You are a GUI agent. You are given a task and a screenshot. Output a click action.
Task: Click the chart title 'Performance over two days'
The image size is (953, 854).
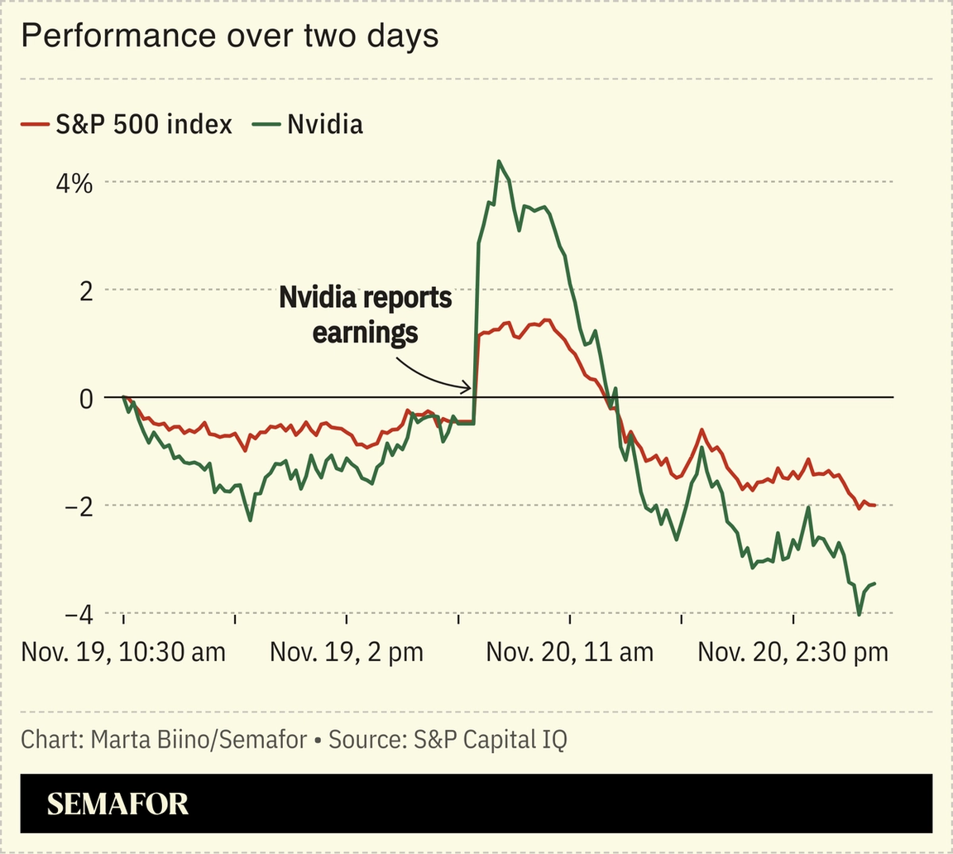click(229, 36)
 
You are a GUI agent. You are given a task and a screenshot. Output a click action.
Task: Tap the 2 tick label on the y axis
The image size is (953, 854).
click(85, 290)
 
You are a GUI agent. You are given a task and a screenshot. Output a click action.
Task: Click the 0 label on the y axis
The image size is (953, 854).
click(85, 398)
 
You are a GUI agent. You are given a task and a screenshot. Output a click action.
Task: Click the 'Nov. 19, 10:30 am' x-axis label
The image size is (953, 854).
click(123, 652)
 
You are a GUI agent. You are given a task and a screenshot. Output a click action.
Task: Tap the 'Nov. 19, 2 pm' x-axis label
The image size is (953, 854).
click(347, 652)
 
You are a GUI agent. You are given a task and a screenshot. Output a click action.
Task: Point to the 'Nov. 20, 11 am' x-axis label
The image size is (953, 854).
click(570, 652)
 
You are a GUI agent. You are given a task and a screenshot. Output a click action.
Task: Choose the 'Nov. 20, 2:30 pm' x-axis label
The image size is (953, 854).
click(793, 652)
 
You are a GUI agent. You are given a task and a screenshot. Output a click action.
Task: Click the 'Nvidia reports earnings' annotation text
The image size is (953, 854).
click(365, 314)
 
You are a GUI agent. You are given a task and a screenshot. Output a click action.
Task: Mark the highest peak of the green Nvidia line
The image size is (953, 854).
click(499, 161)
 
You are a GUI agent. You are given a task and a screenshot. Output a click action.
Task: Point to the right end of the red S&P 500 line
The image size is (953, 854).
click(874, 505)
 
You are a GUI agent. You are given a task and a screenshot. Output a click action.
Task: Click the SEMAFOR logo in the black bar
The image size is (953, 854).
click(117, 804)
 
